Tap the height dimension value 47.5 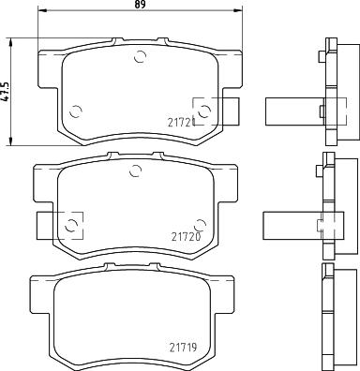click(x=6, y=91)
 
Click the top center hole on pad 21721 click(x=142, y=57)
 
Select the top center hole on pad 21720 click(x=137, y=170)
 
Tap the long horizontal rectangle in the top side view click(x=292, y=111)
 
